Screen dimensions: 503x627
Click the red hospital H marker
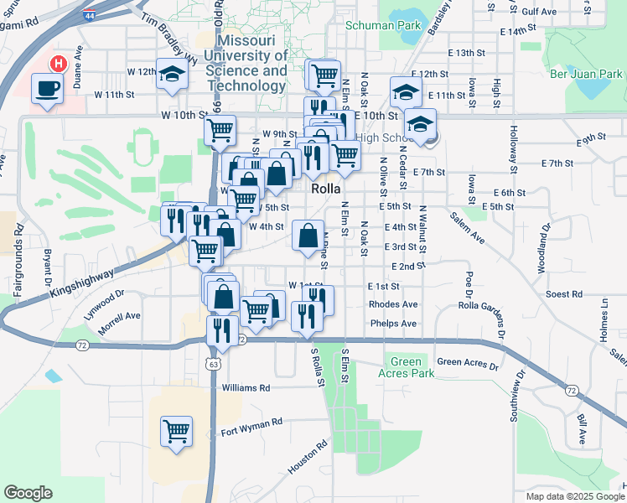tap(57, 63)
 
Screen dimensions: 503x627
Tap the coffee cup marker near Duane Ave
tap(46, 88)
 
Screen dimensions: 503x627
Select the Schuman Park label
tap(383, 25)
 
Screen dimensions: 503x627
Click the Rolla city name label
tap(324, 189)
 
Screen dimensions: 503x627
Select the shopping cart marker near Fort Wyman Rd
tap(176, 432)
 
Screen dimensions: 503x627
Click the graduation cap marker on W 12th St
tap(172, 74)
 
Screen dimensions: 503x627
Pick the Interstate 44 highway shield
tap(90, 16)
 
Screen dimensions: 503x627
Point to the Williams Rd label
tap(246, 388)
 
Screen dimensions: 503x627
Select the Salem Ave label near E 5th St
tap(467, 227)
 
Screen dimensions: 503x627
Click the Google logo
tap(28, 493)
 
